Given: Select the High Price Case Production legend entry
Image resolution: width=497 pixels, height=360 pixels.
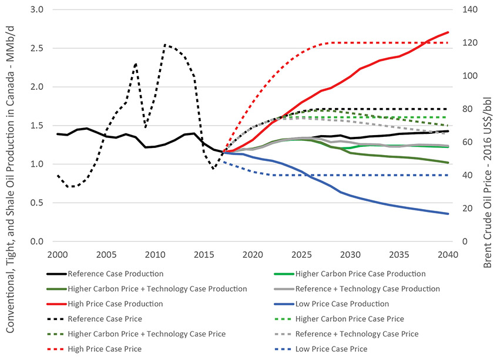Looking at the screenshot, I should (107, 304).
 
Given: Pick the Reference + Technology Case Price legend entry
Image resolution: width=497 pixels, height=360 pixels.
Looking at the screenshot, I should (357, 334).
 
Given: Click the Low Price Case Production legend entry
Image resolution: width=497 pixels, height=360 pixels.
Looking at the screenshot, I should (342, 304).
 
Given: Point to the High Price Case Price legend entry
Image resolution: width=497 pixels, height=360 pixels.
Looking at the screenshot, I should (105, 349).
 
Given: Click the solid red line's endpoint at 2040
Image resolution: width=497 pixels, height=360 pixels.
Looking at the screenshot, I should (448, 32).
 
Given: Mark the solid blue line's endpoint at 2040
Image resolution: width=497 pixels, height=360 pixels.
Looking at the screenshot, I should (448, 214).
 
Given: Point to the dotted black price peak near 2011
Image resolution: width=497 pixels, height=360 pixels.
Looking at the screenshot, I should (165, 44).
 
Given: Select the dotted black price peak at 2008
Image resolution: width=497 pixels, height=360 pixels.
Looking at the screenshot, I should (136, 63).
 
